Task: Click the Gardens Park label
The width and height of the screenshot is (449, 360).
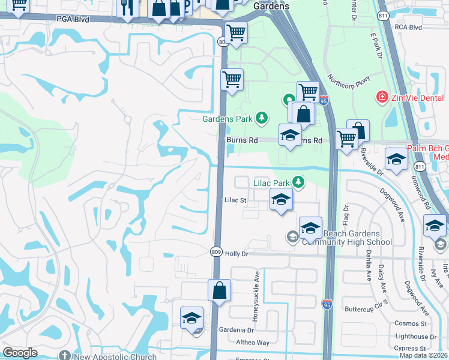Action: coord(227,119)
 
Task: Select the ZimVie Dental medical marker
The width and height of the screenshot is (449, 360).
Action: coord(381,97)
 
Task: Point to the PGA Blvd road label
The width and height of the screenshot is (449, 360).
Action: coord(73,19)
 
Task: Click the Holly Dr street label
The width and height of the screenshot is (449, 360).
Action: coord(237,254)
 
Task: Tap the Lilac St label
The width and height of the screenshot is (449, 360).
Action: coord(235,200)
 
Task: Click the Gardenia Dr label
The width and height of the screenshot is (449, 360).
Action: coord(237,330)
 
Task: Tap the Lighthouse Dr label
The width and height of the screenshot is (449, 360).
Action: coord(415,337)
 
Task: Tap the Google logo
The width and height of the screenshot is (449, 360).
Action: coord(20,353)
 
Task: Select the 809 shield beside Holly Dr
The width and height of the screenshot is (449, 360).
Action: coord(217,252)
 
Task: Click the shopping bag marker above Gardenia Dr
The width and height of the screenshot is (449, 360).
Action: coord(220,290)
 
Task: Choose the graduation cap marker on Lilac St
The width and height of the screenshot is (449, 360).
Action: coord(281,200)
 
